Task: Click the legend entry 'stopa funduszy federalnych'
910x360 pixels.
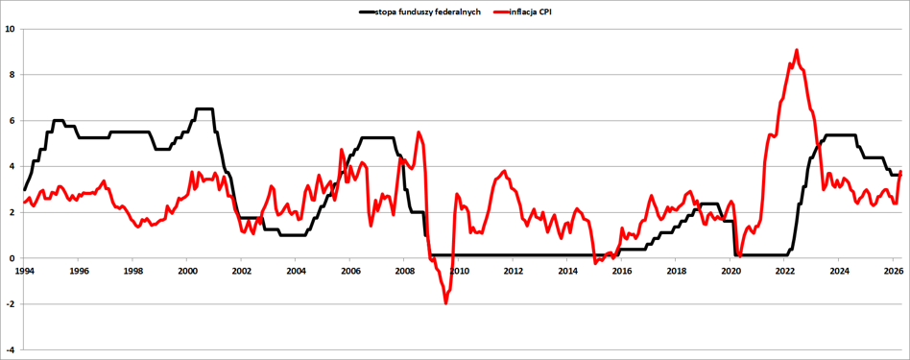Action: click(428, 12)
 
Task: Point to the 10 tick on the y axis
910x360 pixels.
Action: click(10, 29)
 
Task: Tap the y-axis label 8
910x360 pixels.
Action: click(12, 74)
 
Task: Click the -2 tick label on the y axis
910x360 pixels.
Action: click(11, 303)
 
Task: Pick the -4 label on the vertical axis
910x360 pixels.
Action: click(11, 349)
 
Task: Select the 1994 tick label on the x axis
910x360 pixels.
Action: click(23, 271)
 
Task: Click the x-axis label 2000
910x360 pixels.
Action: click(186, 271)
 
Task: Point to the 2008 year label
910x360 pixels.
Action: click(404, 271)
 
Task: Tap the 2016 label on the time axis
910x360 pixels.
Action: click(622, 271)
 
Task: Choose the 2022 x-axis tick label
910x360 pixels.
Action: click(784, 271)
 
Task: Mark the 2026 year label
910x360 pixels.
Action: click(894, 271)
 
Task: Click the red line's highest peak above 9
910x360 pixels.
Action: click(797, 50)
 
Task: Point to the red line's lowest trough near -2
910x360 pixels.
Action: click(445, 302)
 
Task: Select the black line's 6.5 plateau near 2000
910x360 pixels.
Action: click(204, 108)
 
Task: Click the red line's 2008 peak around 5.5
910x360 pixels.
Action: click(419, 132)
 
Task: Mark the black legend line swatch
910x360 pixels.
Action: click(366, 12)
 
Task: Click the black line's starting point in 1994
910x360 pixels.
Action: click(24, 189)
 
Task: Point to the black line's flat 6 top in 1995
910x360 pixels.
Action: click(58, 120)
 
